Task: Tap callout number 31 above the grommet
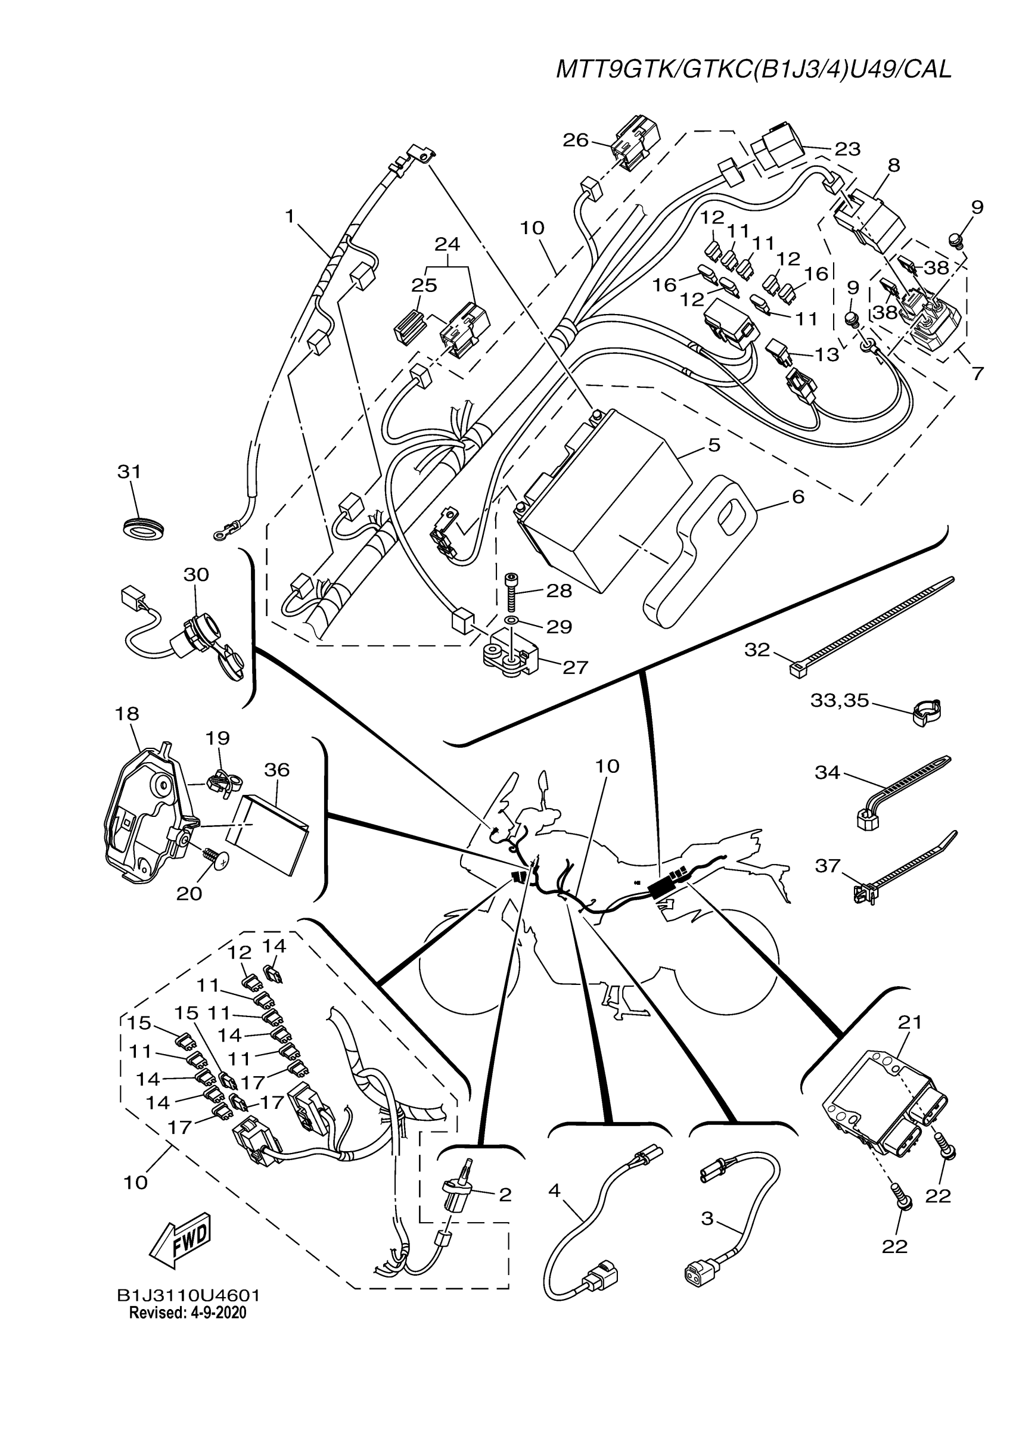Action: tap(129, 472)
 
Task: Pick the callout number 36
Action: tap(276, 770)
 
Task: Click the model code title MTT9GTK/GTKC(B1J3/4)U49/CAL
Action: tap(753, 69)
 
